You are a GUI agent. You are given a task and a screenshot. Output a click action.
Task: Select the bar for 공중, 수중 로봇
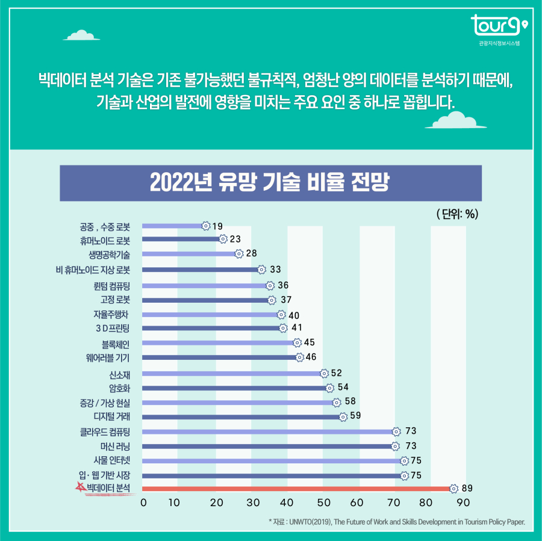173,226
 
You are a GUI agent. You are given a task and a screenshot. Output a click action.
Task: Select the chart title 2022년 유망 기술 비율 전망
270,182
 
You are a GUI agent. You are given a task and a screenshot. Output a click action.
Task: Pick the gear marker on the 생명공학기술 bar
238,254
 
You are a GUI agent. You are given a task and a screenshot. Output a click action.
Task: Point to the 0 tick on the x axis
143,502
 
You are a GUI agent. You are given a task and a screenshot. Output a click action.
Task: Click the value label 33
275,269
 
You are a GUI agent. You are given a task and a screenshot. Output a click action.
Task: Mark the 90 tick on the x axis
464,502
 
